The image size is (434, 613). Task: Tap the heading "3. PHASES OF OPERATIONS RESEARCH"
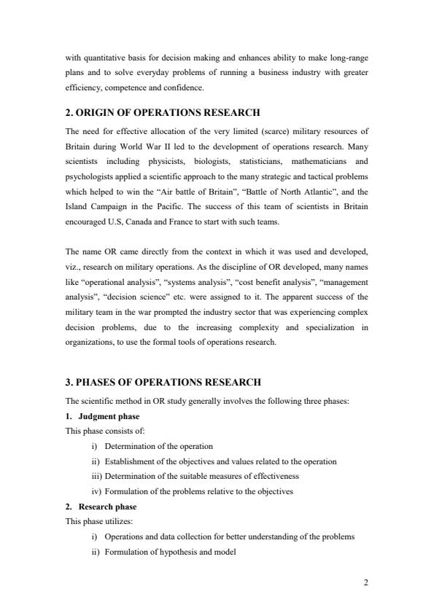point(163,383)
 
